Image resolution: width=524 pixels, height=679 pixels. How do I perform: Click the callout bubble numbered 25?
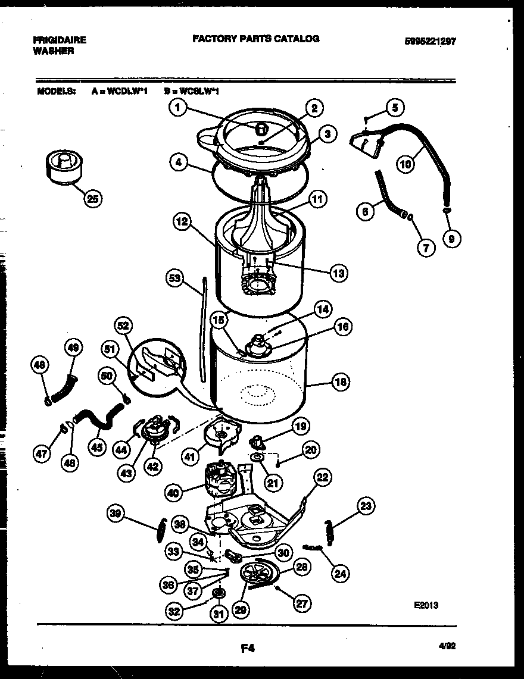click(92, 199)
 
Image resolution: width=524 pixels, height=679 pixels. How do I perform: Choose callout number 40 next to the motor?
click(173, 492)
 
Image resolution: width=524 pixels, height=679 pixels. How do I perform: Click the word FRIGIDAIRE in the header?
click(60, 40)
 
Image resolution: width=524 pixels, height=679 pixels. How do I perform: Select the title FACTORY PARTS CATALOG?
click(255, 39)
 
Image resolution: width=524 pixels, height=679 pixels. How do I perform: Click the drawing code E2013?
click(426, 605)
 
